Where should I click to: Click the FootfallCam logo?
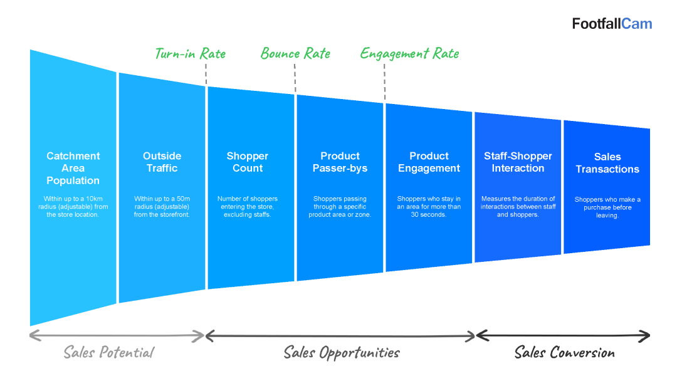612,24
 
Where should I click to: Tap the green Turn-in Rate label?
191,53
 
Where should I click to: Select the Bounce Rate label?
295,53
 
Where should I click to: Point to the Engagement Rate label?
410,54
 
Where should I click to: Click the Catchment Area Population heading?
73,169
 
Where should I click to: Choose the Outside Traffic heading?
162,162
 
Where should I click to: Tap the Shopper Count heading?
248,162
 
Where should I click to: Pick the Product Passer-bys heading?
340,162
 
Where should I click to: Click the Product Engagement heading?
429,162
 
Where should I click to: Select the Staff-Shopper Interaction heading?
518,162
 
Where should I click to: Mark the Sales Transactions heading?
607,163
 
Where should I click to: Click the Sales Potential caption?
109,353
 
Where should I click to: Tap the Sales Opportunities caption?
342,353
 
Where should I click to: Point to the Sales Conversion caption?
564,353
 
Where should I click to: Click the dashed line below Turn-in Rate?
206,74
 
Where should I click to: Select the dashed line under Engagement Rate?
385,83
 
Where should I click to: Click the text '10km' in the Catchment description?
94,199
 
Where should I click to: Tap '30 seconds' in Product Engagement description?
428,215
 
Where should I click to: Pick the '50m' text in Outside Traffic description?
183,199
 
